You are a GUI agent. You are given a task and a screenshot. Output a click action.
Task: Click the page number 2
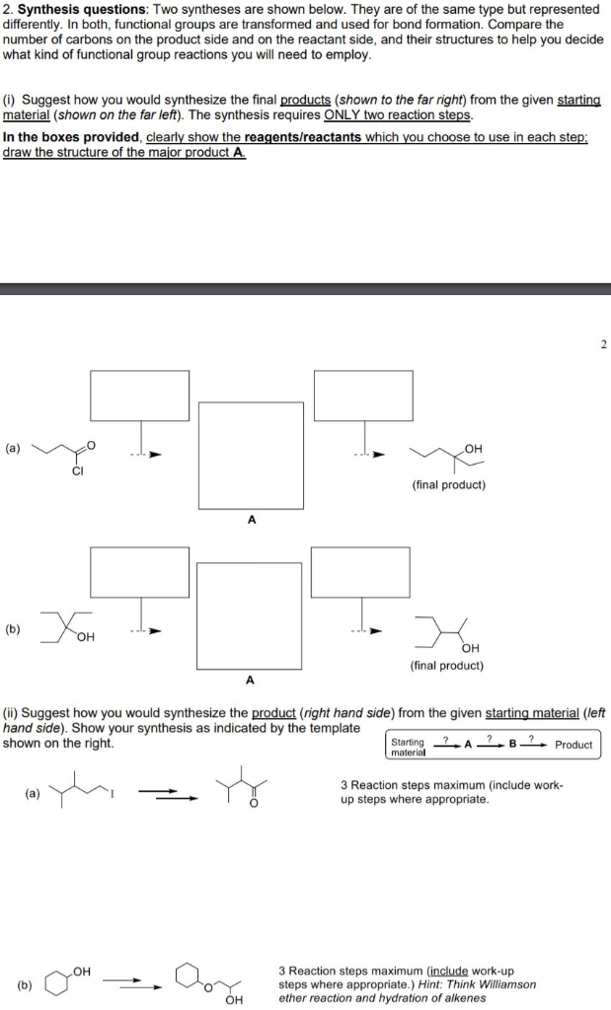point(603,344)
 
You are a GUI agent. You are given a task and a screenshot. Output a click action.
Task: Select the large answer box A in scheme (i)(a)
point(251,455)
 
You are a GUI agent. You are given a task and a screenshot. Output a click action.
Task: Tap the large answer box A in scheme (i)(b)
point(249,613)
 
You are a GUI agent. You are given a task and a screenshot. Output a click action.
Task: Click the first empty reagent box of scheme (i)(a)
point(140,396)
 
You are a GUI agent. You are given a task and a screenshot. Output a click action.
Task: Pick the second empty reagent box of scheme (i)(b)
point(360,571)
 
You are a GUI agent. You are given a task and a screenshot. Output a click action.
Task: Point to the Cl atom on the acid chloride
point(77,470)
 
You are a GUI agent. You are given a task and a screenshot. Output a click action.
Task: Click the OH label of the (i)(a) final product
point(472,449)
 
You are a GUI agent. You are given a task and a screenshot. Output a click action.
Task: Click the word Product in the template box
point(573,745)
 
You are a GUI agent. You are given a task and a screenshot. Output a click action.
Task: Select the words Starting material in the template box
point(408,747)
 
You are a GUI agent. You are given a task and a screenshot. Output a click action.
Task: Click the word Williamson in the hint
point(506,984)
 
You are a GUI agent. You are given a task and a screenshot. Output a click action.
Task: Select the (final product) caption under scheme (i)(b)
point(447,665)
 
